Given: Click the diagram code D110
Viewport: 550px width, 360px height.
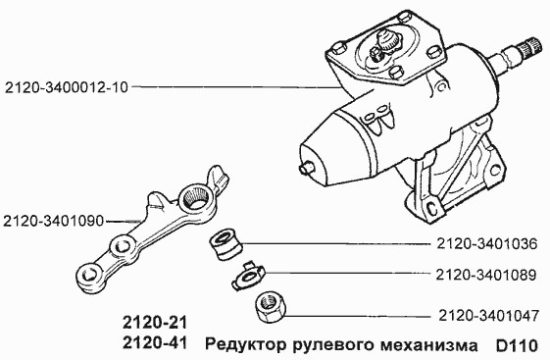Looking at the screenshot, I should pyautogui.click(x=516, y=345).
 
